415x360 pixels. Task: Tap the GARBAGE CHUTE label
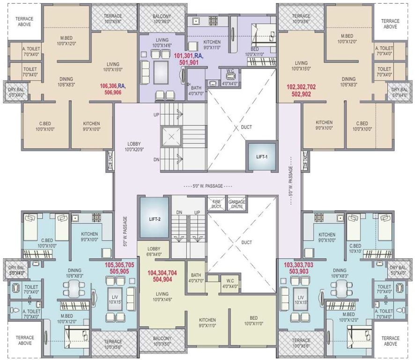[237, 203]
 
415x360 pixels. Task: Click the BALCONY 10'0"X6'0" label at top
[162, 19]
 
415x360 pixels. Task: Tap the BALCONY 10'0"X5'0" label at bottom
[162, 341]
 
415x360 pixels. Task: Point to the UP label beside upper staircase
[156, 114]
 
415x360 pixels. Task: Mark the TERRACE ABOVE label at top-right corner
[390, 23]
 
